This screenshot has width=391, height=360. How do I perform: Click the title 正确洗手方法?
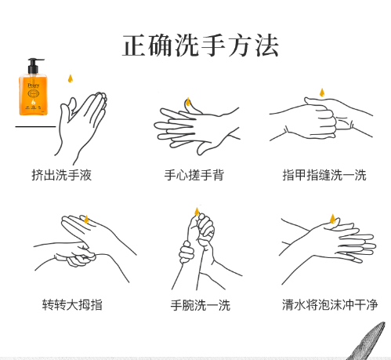[201, 45]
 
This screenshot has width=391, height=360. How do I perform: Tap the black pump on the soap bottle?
[34, 65]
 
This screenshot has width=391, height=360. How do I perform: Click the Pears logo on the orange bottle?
[34, 85]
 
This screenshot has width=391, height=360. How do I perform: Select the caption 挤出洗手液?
[62, 175]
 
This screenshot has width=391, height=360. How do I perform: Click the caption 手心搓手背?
[194, 175]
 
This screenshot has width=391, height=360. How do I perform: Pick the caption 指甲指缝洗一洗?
[324, 175]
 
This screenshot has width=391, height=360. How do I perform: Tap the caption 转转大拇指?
[72, 304]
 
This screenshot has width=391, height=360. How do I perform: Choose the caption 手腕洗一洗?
[201, 305]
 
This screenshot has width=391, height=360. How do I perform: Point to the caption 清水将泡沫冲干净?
[330, 304]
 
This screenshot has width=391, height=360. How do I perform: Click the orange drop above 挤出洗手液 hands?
[71, 78]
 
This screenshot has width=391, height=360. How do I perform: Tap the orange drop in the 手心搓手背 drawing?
[188, 102]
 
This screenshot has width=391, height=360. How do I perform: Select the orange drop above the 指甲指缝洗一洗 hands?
[322, 93]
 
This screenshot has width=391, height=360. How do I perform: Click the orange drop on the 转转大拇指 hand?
[86, 220]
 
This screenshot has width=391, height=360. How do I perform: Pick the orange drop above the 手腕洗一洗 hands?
[197, 212]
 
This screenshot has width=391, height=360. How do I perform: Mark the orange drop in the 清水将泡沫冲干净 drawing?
[332, 219]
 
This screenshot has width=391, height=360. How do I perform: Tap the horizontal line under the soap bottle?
[35, 127]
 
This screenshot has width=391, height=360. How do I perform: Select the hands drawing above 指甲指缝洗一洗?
[321, 119]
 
